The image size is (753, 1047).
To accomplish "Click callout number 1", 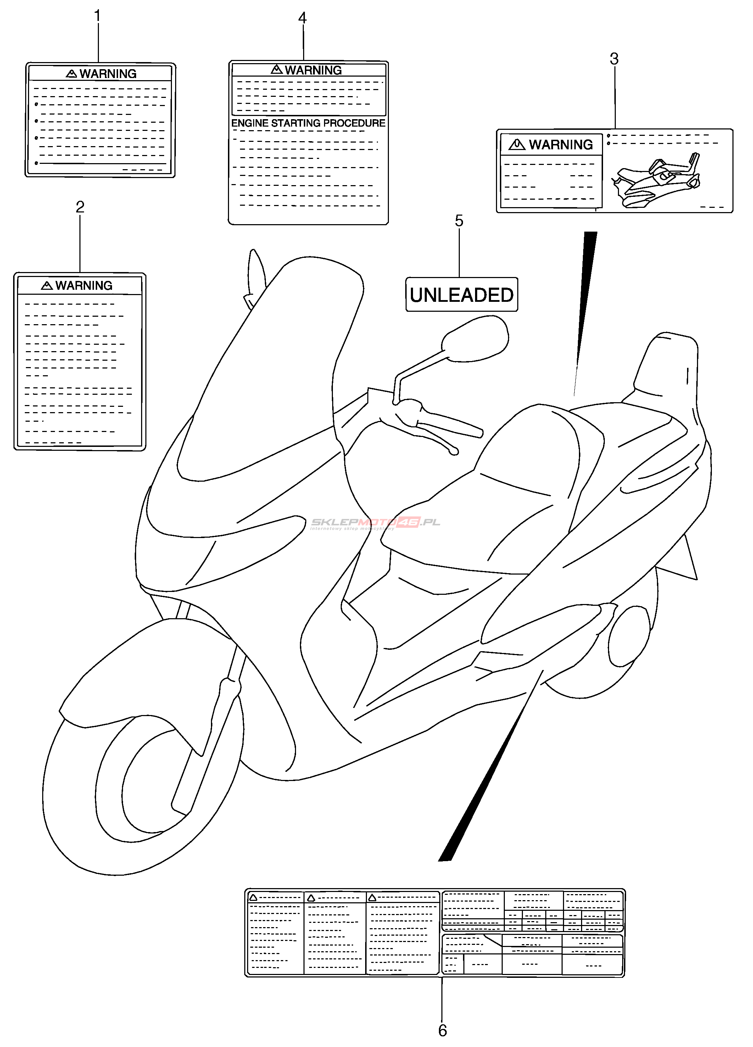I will tap(97, 16).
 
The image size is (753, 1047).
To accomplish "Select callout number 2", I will tap(80, 207).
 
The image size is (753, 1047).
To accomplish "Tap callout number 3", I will tap(614, 59).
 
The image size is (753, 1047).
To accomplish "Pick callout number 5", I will tap(459, 221).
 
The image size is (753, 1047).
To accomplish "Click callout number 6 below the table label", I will tap(442, 1030).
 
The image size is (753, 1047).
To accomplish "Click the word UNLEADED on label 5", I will tap(461, 295).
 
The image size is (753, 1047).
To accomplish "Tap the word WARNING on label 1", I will tap(108, 74).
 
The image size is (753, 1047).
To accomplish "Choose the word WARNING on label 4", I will tap(313, 70).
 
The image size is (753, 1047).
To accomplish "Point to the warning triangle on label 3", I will tap(517, 145).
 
